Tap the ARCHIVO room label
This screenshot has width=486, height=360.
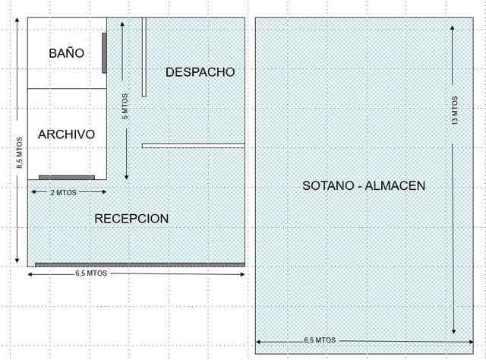(66, 134)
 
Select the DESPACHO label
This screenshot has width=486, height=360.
(200, 72)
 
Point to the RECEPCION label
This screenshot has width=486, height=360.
(131, 219)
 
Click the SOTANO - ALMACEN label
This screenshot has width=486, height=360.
(364, 185)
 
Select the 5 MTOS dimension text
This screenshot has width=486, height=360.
(125, 106)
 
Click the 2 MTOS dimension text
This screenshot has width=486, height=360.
(63, 193)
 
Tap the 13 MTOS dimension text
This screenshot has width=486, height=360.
(454, 110)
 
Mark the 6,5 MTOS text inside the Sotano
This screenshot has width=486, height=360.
(320, 340)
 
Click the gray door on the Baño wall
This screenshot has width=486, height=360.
(104, 53)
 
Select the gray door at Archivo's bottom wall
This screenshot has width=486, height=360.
(67, 177)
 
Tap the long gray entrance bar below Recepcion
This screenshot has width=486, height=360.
(140, 264)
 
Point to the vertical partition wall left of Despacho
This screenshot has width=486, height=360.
(144, 57)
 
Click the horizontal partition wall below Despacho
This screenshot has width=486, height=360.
(193, 145)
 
